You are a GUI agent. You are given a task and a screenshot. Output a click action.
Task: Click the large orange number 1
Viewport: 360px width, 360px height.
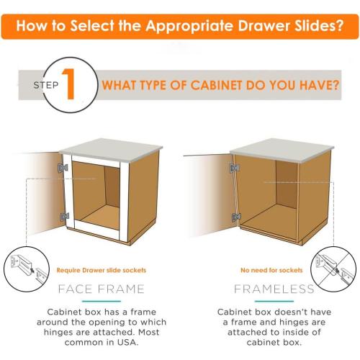click(69, 85)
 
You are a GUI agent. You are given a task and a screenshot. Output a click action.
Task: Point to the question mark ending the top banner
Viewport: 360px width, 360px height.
click(338, 27)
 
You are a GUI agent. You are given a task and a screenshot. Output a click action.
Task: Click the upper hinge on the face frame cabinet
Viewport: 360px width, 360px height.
click(62, 168)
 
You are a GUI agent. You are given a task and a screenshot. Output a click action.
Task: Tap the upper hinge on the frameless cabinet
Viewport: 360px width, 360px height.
click(234, 168)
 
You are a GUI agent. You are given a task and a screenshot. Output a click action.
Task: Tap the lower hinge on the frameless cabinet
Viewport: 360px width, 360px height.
click(235, 216)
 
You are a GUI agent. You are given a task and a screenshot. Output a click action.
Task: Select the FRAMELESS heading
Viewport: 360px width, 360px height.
click(274, 289)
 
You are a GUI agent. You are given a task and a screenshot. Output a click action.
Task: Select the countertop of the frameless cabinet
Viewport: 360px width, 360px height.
click(281, 152)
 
